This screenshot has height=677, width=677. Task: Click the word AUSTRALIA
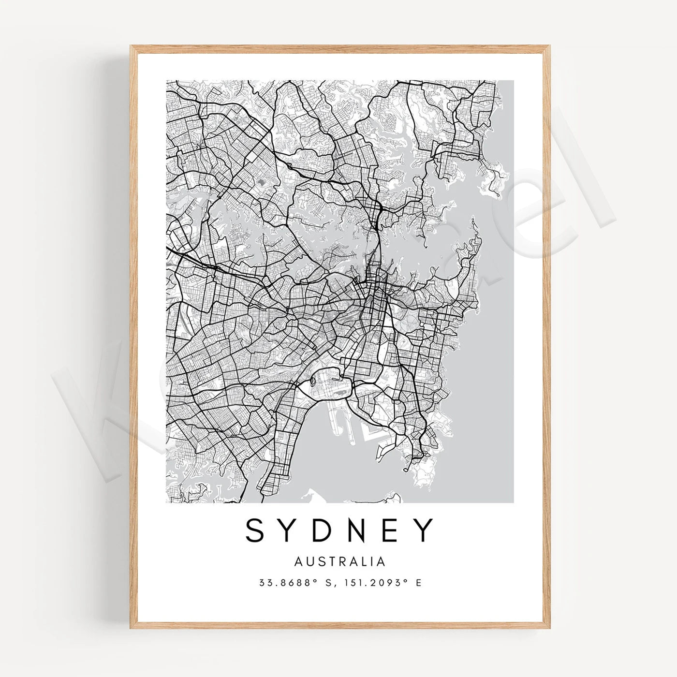tap(340, 561)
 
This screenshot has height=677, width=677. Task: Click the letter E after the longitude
tap(418, 583)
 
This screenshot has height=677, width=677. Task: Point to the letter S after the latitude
tap(329, 583)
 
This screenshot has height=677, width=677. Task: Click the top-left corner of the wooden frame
tap(131, 46)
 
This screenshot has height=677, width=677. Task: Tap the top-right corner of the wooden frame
tap(549, 46)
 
